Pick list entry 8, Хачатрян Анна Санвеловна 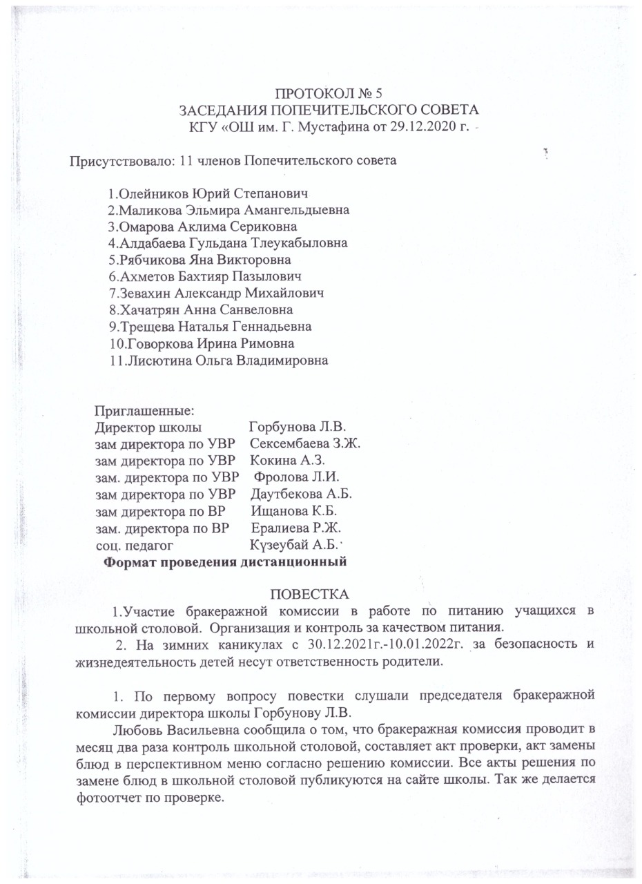[x=205, y=309]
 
